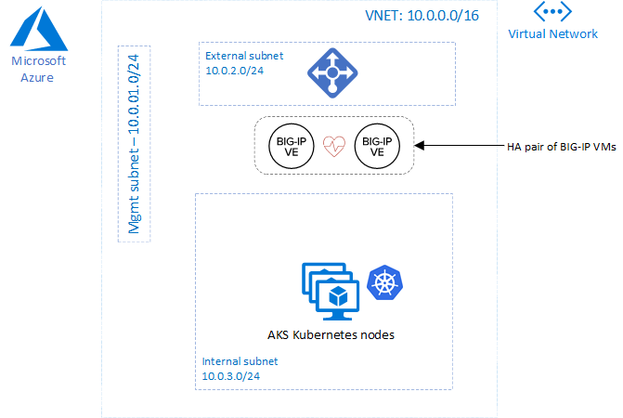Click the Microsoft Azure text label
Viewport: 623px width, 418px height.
(x=37, y=69)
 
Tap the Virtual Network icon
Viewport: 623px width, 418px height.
(x=552, y=12)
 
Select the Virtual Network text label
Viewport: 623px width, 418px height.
(x=552, y=34)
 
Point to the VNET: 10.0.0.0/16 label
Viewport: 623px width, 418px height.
(x=423, y=16)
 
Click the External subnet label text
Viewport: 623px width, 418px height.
(x=244, y=56)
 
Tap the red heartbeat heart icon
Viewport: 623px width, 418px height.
(x=332, y=146)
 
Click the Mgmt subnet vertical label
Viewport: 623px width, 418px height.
(x=134, y=143)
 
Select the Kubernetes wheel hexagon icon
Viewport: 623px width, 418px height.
(x=385, y=282)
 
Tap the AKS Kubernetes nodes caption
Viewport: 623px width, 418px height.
(x=330, y=334)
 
